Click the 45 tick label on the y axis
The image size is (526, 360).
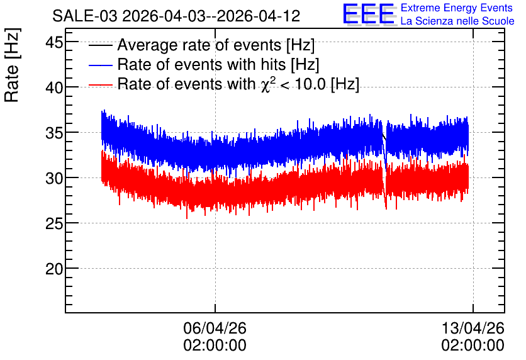pyautogui.click(x=54, y=42)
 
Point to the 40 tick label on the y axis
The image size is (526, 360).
pyautogui.click(x=54, y=88)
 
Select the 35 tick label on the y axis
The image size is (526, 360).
pyautogui.click(x=54, y=133)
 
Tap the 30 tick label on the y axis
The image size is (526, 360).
pyautogui.click(x=54, y=179)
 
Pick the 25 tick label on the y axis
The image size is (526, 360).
pyautogui.click(x=54, y=224)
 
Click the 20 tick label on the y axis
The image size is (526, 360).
pyautogui.click(x=54, y=269)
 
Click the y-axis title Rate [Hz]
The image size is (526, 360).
pyautogui.click(x=12, y=65)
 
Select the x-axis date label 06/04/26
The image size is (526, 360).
pyautogui.click(x=215, y=328)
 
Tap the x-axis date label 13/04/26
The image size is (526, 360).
pyautogui.click(x=473, y=328)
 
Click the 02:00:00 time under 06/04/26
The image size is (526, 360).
pyautogui.click(x=215, y=346)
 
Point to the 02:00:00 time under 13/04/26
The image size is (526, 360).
pyautogui.click(x=473, y=346)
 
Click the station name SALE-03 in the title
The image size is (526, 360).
pyautogui.click(x=85, y=16)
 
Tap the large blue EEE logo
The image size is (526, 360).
pyautogui.click(x=369, y=14)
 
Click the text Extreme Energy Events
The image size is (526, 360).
pyautogui.click(x=457, y=8)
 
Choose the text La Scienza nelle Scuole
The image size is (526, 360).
pyautogui.click(x=457, y=21)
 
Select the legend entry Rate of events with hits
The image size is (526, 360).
pyautogui.click(x=218, y=64)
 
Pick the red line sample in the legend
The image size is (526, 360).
pyautogui.click(x=101, y=85)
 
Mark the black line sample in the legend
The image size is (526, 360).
pyautogui.click(x=101, y=45)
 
